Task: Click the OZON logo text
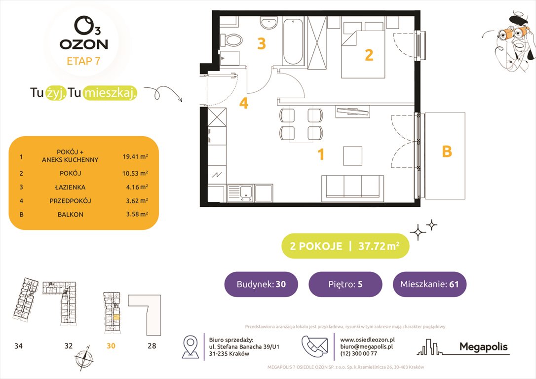(x=83, y=43)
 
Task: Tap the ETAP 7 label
(x=83, y=62)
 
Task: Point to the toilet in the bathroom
(x=231, y=39)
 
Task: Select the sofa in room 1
(x=352, y=188)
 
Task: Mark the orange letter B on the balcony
(x=446, y=152)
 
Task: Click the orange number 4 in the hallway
(x=243, y=104)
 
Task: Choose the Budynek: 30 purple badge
(x=261, y=284)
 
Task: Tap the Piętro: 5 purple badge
(x=345, y=284)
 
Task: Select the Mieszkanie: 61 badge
(x=429, y=284)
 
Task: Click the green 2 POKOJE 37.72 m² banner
(x=345, y=246)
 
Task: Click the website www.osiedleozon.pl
(x=367, y=340)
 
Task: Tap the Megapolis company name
(x=483, y=347)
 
